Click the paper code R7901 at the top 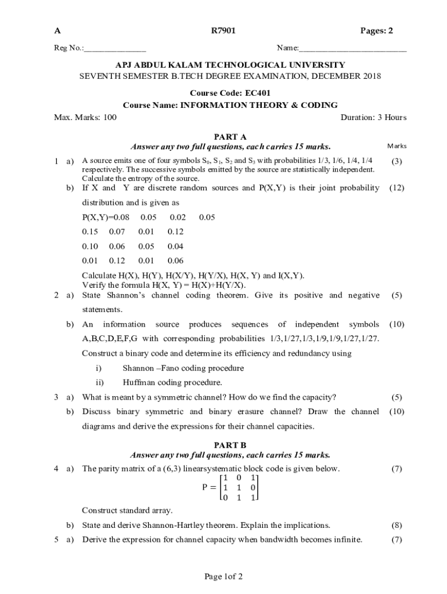[223, 31]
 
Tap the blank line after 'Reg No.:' [115, 49]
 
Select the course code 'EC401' [258, 93]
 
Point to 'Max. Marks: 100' [85, 118]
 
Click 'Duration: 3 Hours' [373, 118]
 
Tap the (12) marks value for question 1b [397, 188]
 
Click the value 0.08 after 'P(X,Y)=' [119, 218]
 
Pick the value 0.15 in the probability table [90, 232]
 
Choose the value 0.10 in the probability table [90, 247]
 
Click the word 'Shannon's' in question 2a [128, 295]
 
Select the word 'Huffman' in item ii [139, 382]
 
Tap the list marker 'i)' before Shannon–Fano [99, 368]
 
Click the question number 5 [56, 539]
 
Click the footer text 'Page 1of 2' [223, 577]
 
